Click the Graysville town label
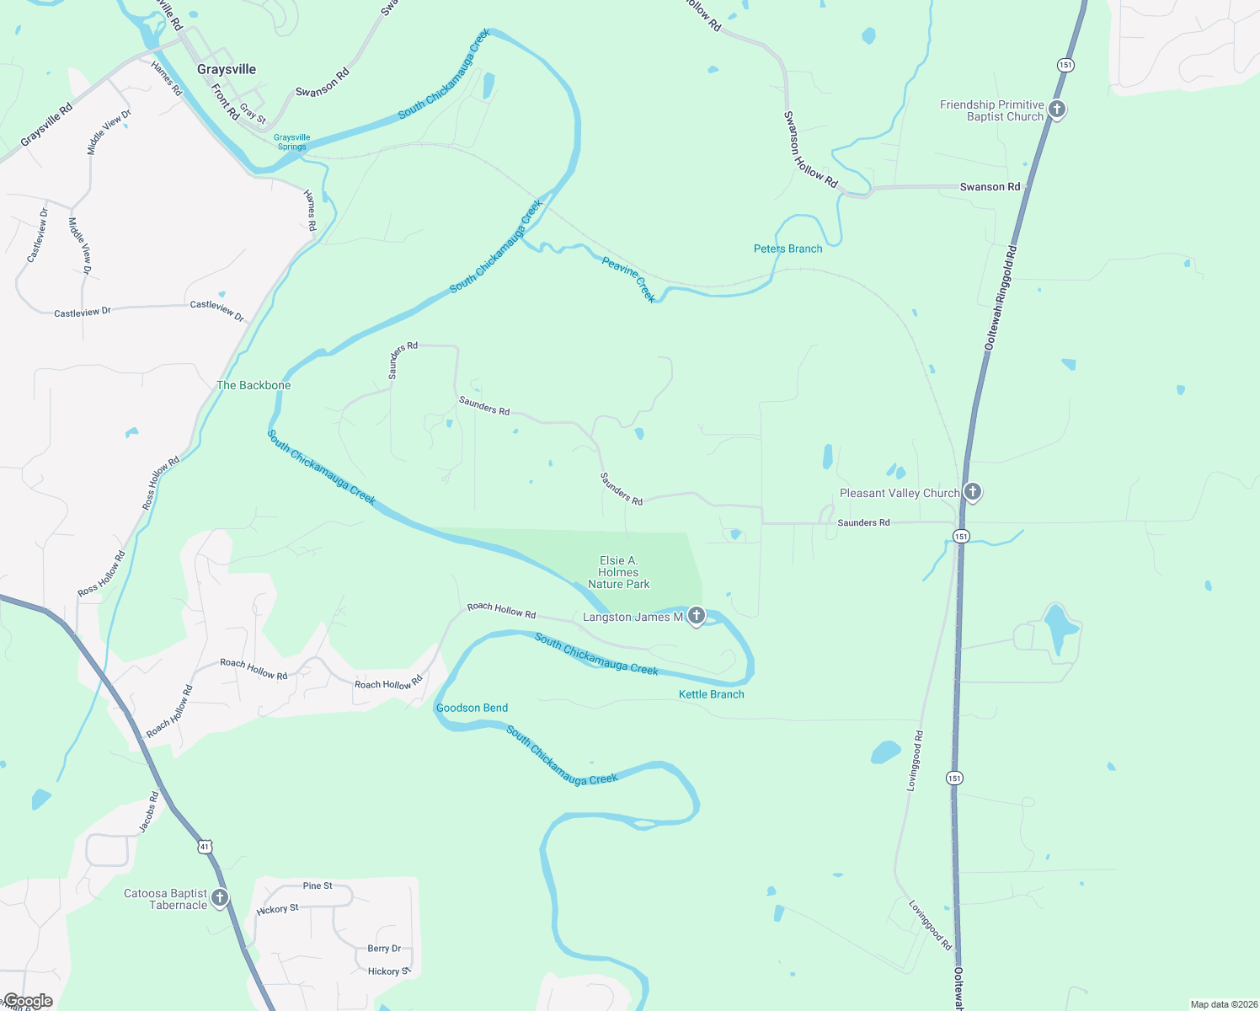pyautogui.click(x=227, y=69)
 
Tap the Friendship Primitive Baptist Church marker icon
pyautogui.click(x=1057, y=110)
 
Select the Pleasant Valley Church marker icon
pyautogui.click(x=972, y=492)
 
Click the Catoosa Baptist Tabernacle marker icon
pyautogui.click(x=220, y=898)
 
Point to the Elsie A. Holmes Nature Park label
pyautogui.click(x=619, y=572)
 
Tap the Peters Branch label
pyautogui.click(x=787, y=249)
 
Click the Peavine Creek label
pyautogui.click(x=629, y=279)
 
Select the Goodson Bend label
pyautogui.click(x=472, y=708)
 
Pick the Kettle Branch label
pyautogui.click(x=712, y=694)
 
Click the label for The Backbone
pyautogui.click(x=254, y=385)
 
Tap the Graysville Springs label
pyautogui.click(x=292, y=142)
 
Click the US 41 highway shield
pyautogui.click(x=204, y=846)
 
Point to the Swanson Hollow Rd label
pyautogui.click(x=810, y=149)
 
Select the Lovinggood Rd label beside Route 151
pyautogui.click(x=915, y=761)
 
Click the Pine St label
pyautogui.click(x=318, y=885)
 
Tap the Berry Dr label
pyautogui.click(x=384, y=948)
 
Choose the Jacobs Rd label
pyautogui.click(x=148, y=812)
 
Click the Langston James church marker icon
pyautogui.click(x=696, y=616)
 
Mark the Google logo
pyautogui.click(x=27, y=1001)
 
